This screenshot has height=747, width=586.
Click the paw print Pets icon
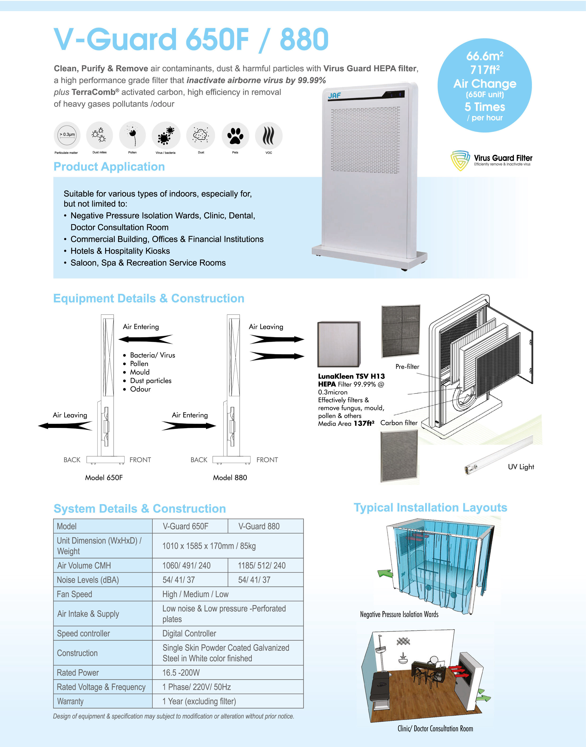click(x=235, y=135)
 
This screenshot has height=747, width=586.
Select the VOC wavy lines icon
click(x=269, y=135)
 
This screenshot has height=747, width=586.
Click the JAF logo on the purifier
click(x=334, y=95)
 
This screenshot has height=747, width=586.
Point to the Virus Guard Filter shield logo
click(x=460, y=160)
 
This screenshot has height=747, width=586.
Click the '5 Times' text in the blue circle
click(x=485, y=107)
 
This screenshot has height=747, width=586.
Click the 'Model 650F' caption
click(x=104, y=477)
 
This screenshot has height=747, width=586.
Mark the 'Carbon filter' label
click(x=399, y=423)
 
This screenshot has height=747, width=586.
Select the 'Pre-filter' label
click(x=407, y=367)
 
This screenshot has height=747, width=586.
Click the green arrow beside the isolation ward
click(x=385, y=573)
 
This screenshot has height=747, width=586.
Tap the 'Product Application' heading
click(x=109, y=167)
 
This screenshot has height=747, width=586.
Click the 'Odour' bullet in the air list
click(x=140, y=389)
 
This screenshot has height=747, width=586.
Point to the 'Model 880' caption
click(x=230, y=477)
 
